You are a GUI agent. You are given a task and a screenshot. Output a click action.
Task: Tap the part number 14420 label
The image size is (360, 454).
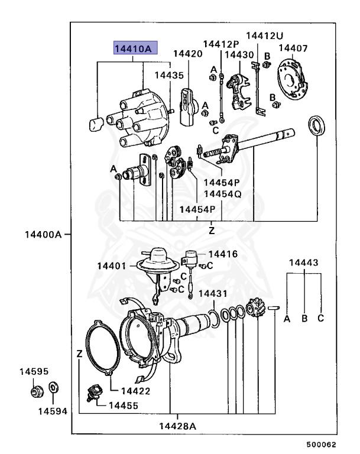pyautogui.click(x=187, y=54)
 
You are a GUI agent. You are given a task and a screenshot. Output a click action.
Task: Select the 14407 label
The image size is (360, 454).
pyautogui.click(x=293, y=48)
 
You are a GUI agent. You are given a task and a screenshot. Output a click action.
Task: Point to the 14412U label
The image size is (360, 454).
pyautogui.click(x=264, y=35)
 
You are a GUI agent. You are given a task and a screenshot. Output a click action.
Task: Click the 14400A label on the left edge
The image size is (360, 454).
pyautogui.click(x=43, y=234)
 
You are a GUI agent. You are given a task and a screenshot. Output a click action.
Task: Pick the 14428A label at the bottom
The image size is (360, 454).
pyautogui.click(x=177, y=426)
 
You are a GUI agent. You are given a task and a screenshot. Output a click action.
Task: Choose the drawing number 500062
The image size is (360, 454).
pyautogui.click(x=321, y=445)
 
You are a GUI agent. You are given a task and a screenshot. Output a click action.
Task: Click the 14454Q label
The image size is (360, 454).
pyautogui.click(x=222, y=194)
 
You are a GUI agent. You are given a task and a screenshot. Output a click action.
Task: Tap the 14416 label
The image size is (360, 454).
pyautogui.click(x=223, y=254)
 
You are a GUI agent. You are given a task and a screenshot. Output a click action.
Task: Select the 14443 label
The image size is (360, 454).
pyautogui.click(x=303, y=262)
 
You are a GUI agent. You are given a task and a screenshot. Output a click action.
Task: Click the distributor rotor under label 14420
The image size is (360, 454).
pyautogui.click(x=189, y=108)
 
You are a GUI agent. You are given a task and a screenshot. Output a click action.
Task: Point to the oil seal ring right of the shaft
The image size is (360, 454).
pyautogui.click(x=316, y=125)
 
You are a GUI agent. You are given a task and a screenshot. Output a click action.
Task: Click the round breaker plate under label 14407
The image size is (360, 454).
pyautogui.click(x=293, y=80)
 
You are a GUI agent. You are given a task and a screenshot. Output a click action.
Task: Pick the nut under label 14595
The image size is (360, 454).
pyautogui.click(x=37, y=391)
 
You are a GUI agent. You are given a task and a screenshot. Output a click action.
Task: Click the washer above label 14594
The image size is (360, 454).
pyautogui.click(x=53, y=387)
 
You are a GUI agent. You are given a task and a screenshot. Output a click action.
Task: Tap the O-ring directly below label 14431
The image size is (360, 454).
pyautogui.click(x=214, y=319)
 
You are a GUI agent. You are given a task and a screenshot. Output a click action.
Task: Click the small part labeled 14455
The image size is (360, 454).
pyautogui.click(x=95, y=393)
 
